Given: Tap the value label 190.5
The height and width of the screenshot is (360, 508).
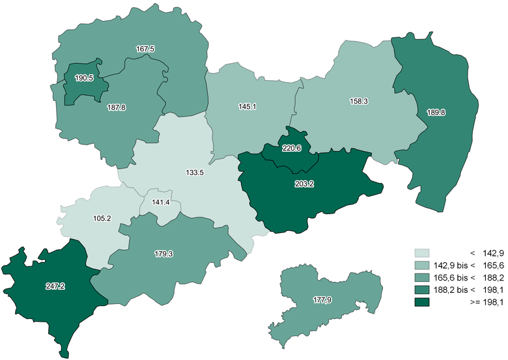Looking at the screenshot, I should point(84,78).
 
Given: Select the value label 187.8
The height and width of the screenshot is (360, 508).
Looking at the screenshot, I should point(116,107).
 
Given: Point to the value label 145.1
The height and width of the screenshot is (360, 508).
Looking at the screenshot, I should point(247,105).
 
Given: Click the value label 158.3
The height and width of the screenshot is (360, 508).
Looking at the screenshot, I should point(358,102).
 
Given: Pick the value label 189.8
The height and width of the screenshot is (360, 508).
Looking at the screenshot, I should point(435,112).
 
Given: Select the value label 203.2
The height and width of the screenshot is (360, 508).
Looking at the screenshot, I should point(304,184).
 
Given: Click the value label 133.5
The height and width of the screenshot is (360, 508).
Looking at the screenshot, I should point(195,173).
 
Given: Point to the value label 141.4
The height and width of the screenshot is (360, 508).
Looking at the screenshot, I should point(160,202).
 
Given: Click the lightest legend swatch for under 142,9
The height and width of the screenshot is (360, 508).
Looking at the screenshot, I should point(423,253).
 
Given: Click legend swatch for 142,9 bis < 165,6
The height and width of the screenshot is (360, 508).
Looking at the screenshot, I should point(423,265).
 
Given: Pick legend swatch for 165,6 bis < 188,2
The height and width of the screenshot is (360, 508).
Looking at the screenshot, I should point(423,277).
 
